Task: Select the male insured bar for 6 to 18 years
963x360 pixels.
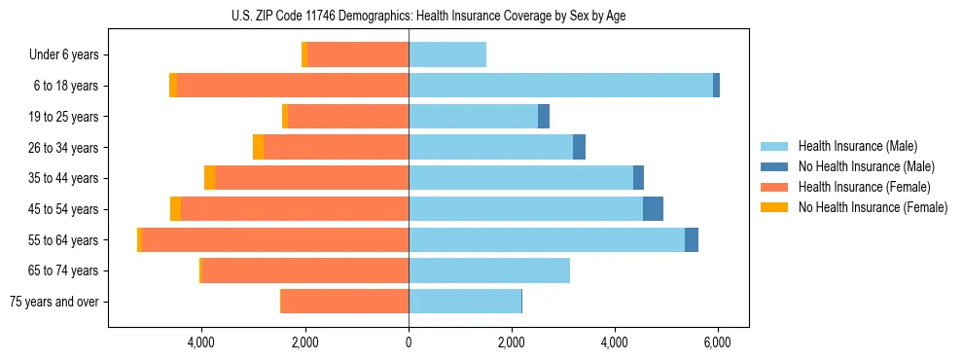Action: (560, 86)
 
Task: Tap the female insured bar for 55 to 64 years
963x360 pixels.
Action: (275, 239)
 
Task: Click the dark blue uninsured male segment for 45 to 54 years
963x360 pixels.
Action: (653, 209)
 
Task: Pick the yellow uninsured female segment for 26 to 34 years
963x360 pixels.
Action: (258, 147)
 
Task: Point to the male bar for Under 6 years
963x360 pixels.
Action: (447, 54)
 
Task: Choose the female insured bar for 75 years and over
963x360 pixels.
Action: (344, 302)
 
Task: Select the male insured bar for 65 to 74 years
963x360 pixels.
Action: (489, 270)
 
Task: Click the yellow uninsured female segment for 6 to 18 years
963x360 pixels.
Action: (173, 86)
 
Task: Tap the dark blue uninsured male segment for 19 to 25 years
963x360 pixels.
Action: (544, 117)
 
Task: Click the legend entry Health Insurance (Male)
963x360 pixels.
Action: (857, 146)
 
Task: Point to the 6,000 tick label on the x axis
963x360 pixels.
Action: (717, 342)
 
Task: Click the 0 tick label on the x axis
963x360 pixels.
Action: (409, 342)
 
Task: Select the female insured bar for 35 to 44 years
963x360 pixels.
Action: (311, 178)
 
